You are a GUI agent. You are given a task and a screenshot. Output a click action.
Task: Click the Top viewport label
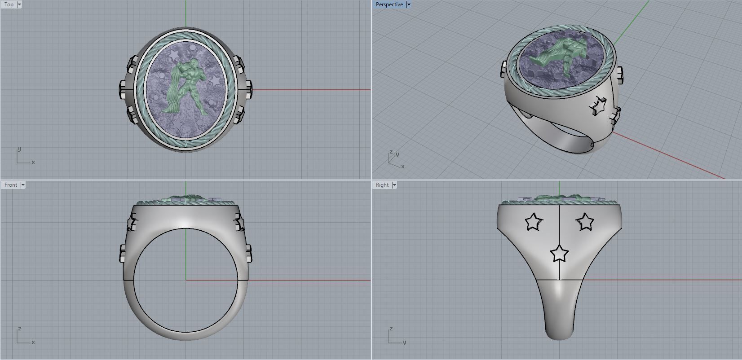pyautogui.click(x=9, y=4)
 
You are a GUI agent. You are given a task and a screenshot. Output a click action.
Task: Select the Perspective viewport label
pyautogui.click(x=389, y=4)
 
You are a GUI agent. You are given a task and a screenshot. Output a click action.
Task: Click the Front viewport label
pyautogui.click(x=10, y=185)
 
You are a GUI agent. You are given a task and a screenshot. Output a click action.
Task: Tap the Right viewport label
pyautogui.click(x=382, y=185)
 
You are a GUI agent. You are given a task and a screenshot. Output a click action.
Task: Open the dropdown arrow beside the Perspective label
pyautogui.click(x=408, y=4)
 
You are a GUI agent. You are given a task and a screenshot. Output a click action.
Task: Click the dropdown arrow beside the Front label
pyautogui.click(x=23, y=185)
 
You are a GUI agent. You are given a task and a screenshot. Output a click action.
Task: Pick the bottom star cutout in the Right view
pyautogui.click(x=559, y=254)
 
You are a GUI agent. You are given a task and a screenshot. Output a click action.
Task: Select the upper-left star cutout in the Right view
pyautogui.click(x=534, y=221)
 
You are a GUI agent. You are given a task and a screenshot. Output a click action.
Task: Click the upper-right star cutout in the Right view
pyautogui.click(x=585, y=221)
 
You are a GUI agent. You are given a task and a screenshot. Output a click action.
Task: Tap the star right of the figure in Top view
pyautogui.click(x=216, y=81)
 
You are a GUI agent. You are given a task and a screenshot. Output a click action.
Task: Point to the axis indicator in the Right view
pyautogui.click(x=395, y=337)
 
